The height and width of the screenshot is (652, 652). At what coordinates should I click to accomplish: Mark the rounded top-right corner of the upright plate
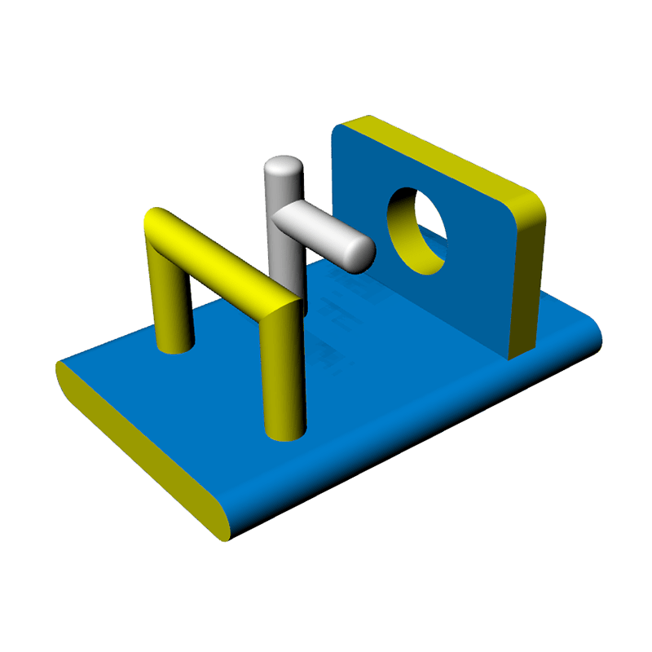click(x=531, y=208)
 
